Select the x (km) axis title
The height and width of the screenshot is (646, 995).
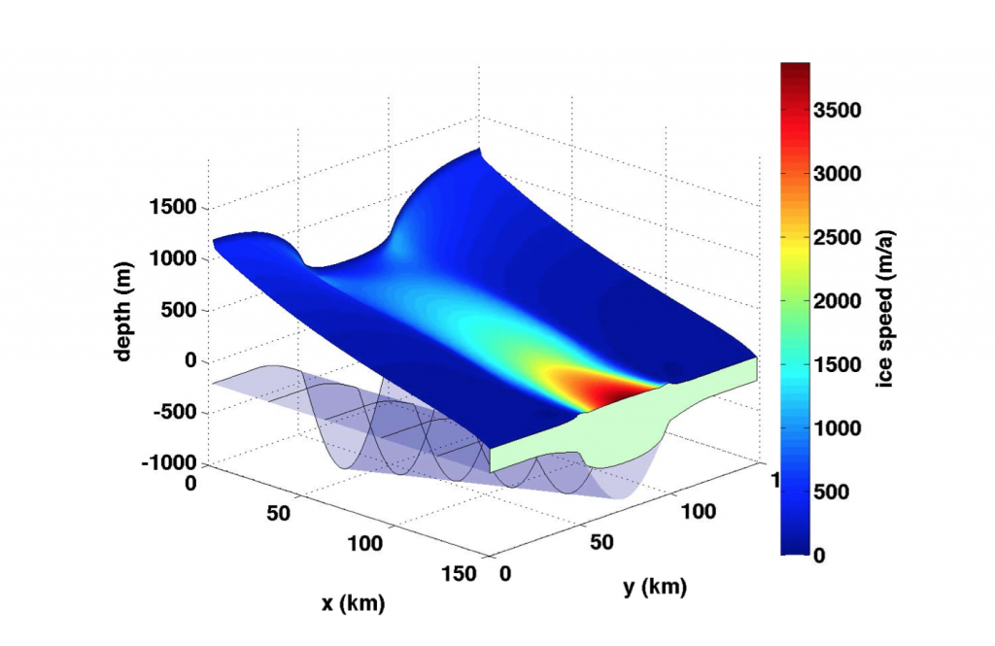pyautogui.click(x=354, y=603)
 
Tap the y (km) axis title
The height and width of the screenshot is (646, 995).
pyautogui.click(x=655, y=587)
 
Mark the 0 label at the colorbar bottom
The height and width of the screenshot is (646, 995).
pyautogui.click(x=819, y=555)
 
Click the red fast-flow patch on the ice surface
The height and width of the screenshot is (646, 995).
pyautogui.click(x=612, y=388)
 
